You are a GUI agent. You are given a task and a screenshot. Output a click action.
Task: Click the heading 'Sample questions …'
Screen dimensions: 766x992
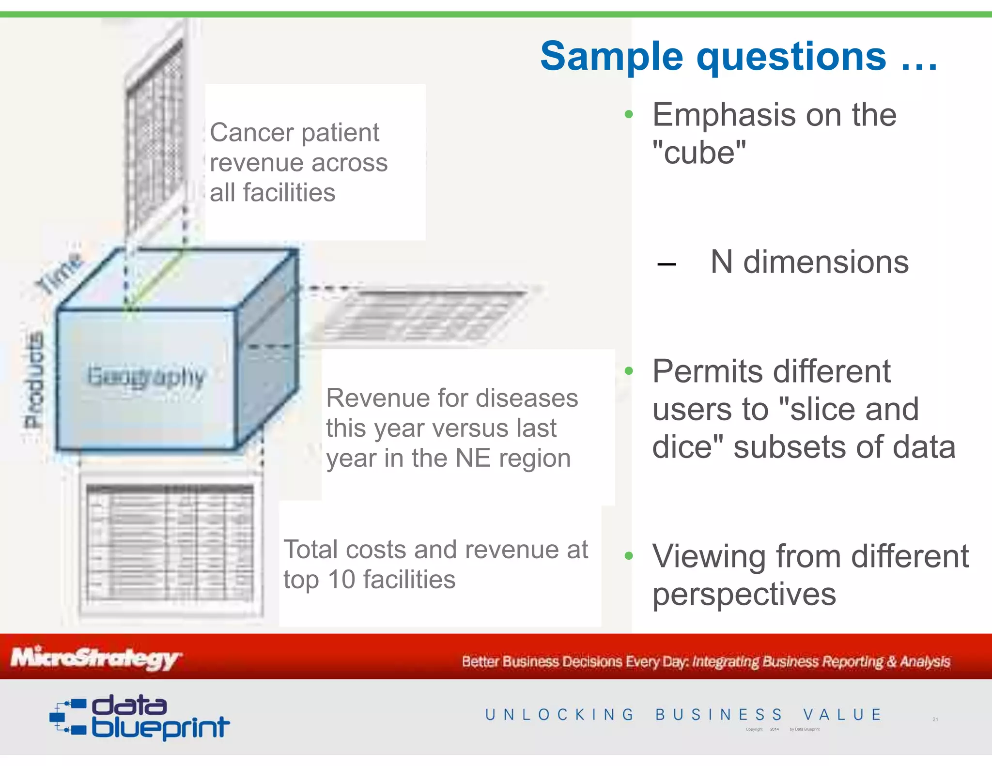[739, 57]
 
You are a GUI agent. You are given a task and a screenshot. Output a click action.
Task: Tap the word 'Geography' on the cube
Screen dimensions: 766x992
[146, 377]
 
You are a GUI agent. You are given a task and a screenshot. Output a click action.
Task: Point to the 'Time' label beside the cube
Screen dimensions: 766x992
[59, 273]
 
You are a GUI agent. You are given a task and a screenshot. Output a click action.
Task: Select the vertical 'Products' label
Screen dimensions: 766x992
[34, 380]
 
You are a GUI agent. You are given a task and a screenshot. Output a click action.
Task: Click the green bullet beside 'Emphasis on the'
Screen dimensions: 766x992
[629, 115]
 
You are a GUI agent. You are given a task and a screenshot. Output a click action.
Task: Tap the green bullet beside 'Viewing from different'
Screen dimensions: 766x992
[629, 556]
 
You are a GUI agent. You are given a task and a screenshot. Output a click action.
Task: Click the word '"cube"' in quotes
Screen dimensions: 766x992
[699, 153]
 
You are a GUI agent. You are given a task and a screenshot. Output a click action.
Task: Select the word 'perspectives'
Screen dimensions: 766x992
[744, 594]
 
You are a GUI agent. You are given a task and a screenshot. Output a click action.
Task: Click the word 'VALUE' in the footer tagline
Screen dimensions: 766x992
[842, 715]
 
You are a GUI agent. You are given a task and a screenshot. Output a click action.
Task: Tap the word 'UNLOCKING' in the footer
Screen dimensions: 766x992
[559, 715]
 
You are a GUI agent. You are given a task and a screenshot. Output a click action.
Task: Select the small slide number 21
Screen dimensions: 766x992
[935, 719]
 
